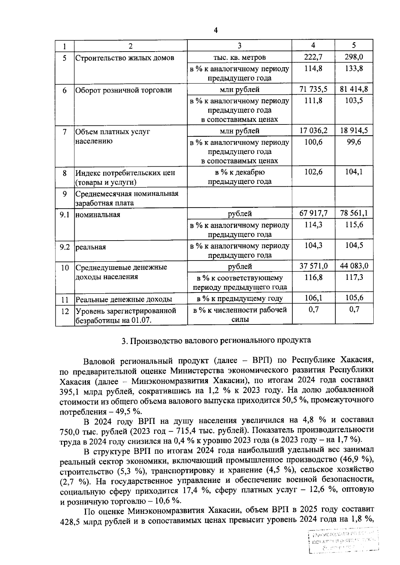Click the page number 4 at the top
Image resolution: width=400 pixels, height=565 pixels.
[x=216, y=31]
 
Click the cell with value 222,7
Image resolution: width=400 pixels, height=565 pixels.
[x=313, y=57]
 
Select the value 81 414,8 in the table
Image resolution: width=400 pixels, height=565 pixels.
[x=354, y=89]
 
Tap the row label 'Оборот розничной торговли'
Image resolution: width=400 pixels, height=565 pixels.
[x=124, y=90]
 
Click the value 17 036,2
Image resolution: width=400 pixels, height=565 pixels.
[x=313, y=130]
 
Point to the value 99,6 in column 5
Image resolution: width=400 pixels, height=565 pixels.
[x=354, y=142]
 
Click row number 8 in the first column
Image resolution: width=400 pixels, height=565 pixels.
[x=65, y=173]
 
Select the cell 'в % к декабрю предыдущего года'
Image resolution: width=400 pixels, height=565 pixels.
[x=240, y=177]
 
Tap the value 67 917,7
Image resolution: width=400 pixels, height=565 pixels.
[x=313, y=213]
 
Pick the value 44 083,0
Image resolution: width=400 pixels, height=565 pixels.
[x=354, y=266]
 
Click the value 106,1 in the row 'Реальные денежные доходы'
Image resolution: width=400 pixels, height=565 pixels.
[x=313, y=298]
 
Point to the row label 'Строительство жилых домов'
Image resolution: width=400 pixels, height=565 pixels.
[x=125, y=58]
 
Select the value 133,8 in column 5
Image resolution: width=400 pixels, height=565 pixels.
[x=354, y=69]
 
